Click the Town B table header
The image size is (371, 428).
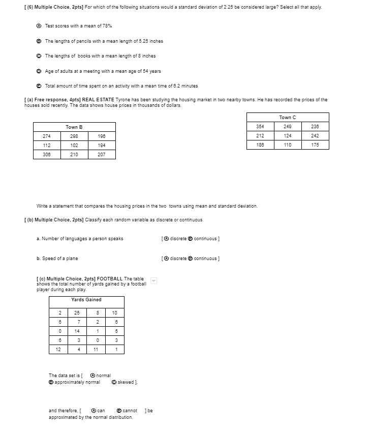pos(74,127)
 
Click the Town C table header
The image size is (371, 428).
pos(288,117)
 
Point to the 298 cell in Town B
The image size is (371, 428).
pos(74,136)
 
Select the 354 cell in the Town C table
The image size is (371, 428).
pos(260,126)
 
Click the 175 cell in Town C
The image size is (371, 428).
pos(315,145)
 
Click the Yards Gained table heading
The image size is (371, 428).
pos(86,300)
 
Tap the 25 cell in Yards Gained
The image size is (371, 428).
pos(76,312)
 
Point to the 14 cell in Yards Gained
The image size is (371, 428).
pos(76,331)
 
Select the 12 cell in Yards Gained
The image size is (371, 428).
pos(58,350)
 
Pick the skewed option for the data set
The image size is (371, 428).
pos(114,382)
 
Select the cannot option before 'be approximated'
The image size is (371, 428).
pos(119,411)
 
